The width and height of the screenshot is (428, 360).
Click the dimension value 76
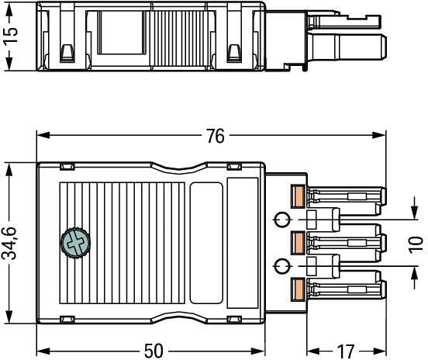tap(216, 136)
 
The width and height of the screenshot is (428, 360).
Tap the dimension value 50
tap(154, 351)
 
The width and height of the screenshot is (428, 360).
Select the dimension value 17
tap(346, 351)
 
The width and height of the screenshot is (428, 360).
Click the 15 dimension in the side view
tap(10, 35)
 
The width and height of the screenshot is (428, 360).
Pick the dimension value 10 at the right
tap(416, 244)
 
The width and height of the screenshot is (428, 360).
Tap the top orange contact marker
tap(298, 196)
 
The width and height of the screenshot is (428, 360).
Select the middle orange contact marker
tap(298, 243)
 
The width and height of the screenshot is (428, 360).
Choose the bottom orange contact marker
tap(298, 289)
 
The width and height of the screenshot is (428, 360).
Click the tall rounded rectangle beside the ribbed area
tap(206, 243)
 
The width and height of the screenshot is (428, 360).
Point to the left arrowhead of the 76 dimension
tap(43, 135)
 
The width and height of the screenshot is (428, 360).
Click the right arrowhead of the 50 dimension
tap(258, 351)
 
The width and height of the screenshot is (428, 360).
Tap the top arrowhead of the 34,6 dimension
tap(9, 170)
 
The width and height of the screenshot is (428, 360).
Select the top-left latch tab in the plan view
tap(67, 166)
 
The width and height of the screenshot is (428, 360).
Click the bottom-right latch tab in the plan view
tap(234, 319)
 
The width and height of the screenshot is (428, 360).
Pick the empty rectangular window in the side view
tap(122, 33)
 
